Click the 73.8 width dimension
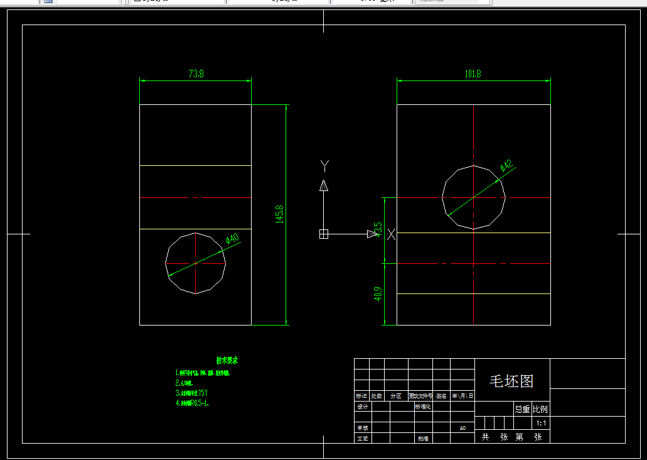[196, 74]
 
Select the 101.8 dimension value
[473, 74]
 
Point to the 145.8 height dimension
[280, 214]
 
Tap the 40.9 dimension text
[378, 294]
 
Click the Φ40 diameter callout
[232, 239]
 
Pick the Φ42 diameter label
[506, 166]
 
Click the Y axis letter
[324, 165]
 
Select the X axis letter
[392, 234]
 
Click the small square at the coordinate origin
[324, 234]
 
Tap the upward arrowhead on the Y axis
[324, 185]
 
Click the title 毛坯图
[511, 381]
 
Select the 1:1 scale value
[541, 424]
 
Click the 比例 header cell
[540, 409]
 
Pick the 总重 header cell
[522, 409]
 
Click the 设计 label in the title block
[362, 407]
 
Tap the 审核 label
[362, 427]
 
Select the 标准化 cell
[422, 407]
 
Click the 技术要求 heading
[227, 361]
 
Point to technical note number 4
[192, 403]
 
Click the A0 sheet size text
[463, 428]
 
